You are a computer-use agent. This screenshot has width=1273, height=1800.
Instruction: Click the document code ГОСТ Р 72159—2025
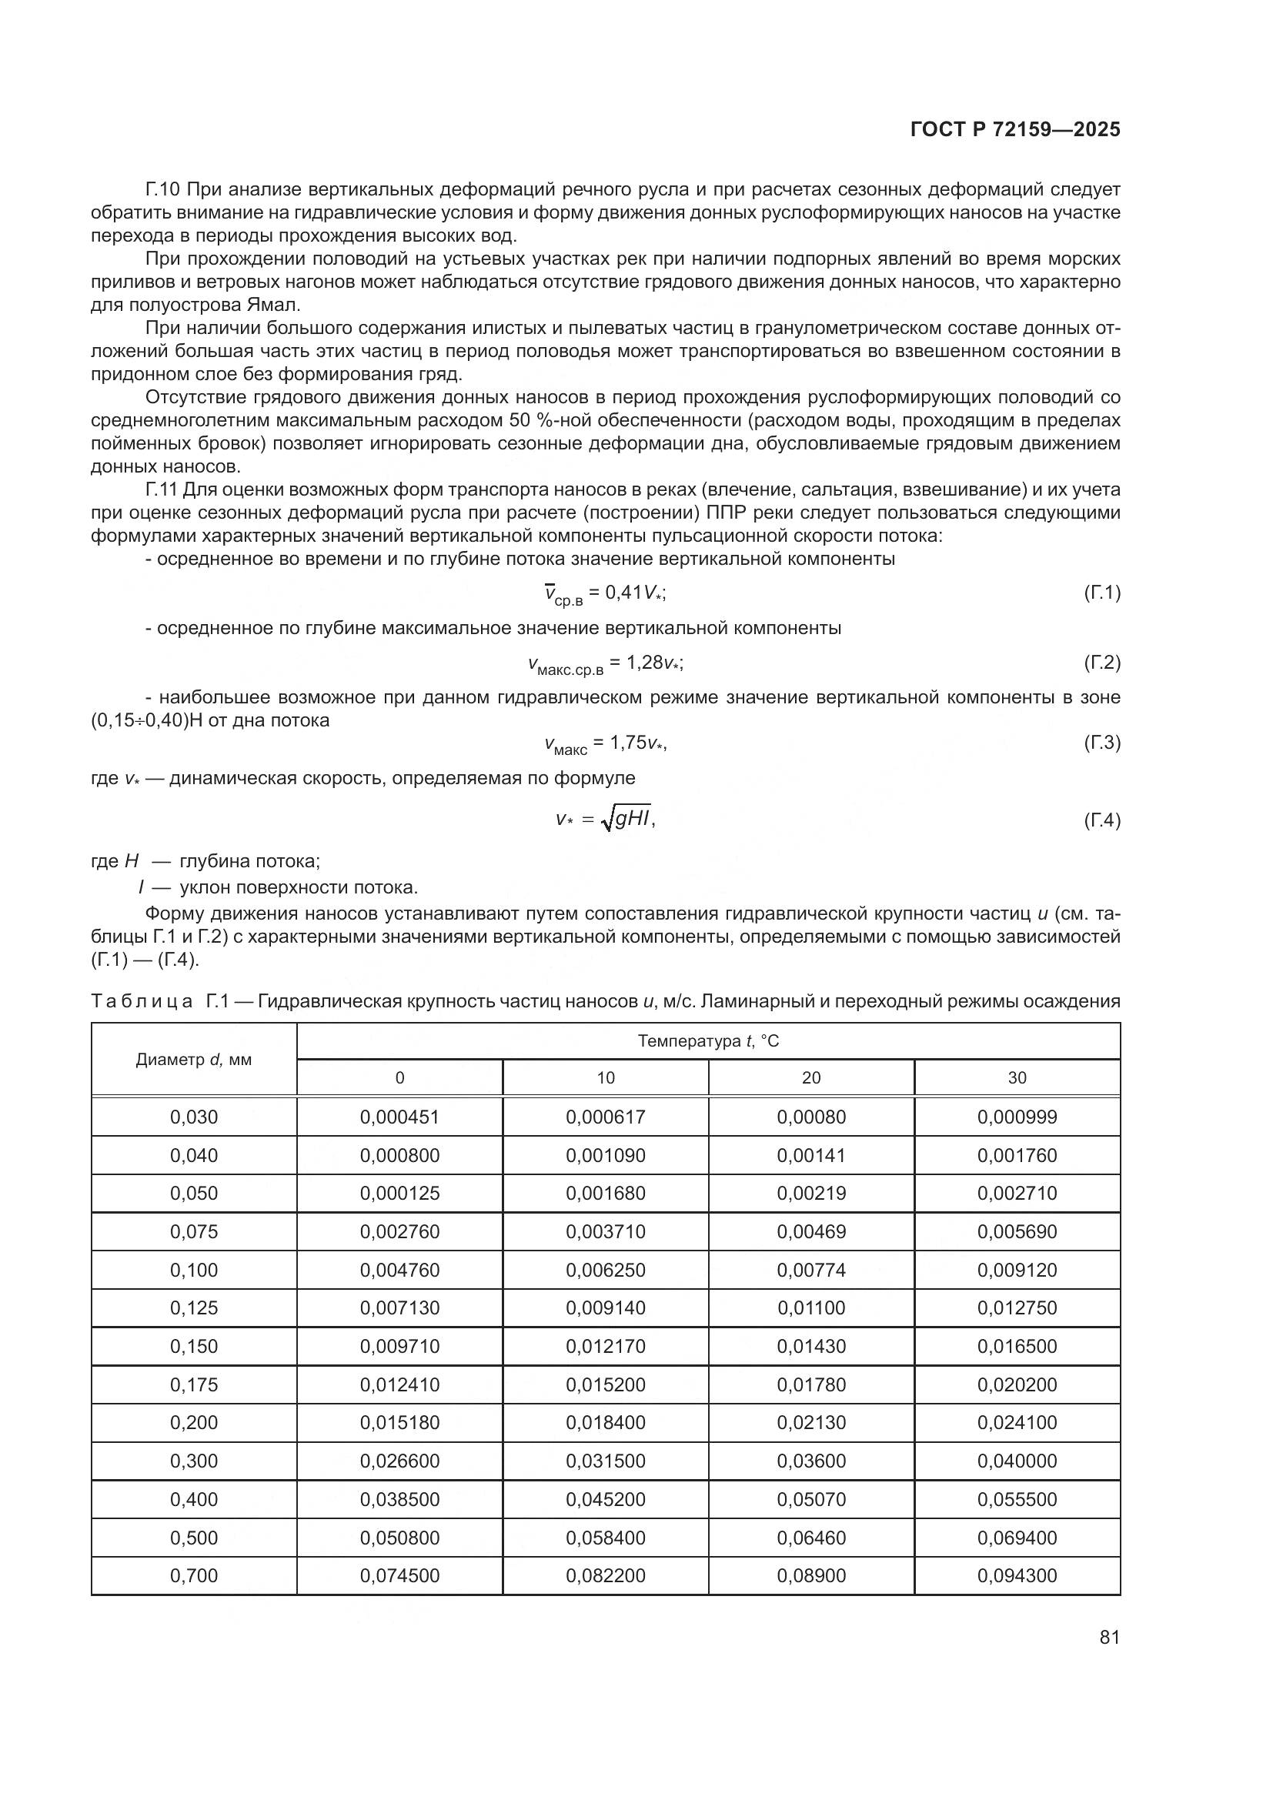[1015, 130]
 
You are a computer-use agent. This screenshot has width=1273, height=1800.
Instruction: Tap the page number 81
[1109, 1637]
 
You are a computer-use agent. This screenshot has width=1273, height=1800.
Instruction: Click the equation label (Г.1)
[1102, 593]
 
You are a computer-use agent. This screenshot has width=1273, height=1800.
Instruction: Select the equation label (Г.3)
[1102, 743]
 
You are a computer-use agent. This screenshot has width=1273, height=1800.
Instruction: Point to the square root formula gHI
[628, 820]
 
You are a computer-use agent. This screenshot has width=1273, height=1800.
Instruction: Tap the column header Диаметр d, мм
[194, 1060]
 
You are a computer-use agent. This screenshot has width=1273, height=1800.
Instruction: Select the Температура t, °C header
[708, 1041]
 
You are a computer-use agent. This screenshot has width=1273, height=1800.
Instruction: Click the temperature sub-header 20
[810, 1078]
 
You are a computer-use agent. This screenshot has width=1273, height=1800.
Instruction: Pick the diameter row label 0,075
[194, 1231]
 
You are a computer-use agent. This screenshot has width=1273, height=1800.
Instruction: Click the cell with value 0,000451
[399, 1117]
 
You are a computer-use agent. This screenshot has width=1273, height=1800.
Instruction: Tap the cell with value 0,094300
[1017, 1576]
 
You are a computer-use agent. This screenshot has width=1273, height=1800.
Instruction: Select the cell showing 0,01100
[810, 1307]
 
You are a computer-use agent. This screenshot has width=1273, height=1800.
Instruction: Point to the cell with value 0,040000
[1017, 1461]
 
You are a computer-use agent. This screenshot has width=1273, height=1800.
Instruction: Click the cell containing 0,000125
[399, 1194]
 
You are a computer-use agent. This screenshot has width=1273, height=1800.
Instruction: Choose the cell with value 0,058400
[605, 1538]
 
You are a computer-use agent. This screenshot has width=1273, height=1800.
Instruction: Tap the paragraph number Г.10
[163, 190]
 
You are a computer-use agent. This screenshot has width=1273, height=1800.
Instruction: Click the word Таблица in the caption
[141, 1001]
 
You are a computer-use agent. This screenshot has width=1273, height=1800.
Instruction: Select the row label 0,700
[194, 1576]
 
